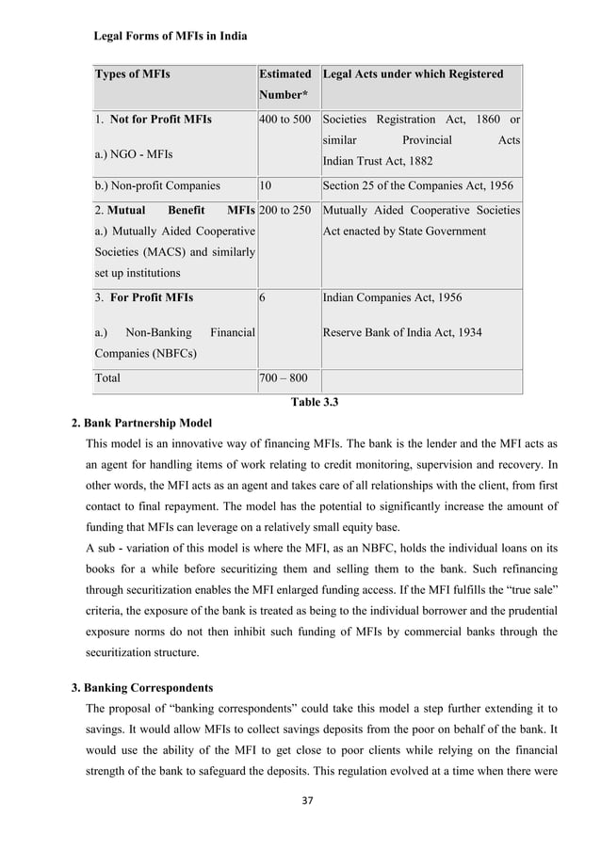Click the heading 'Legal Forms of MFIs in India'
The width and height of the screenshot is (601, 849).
(171, 37)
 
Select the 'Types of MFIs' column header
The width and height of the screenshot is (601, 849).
(131, 74)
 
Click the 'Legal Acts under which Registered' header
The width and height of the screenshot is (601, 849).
(413, 74)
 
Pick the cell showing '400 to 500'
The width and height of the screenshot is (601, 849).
(284, 120)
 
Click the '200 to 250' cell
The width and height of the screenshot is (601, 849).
(285, 211)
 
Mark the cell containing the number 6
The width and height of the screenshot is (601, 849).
(263, 297)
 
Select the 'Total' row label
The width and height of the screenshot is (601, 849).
(106, 378)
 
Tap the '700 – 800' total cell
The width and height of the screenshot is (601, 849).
(285, 378)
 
